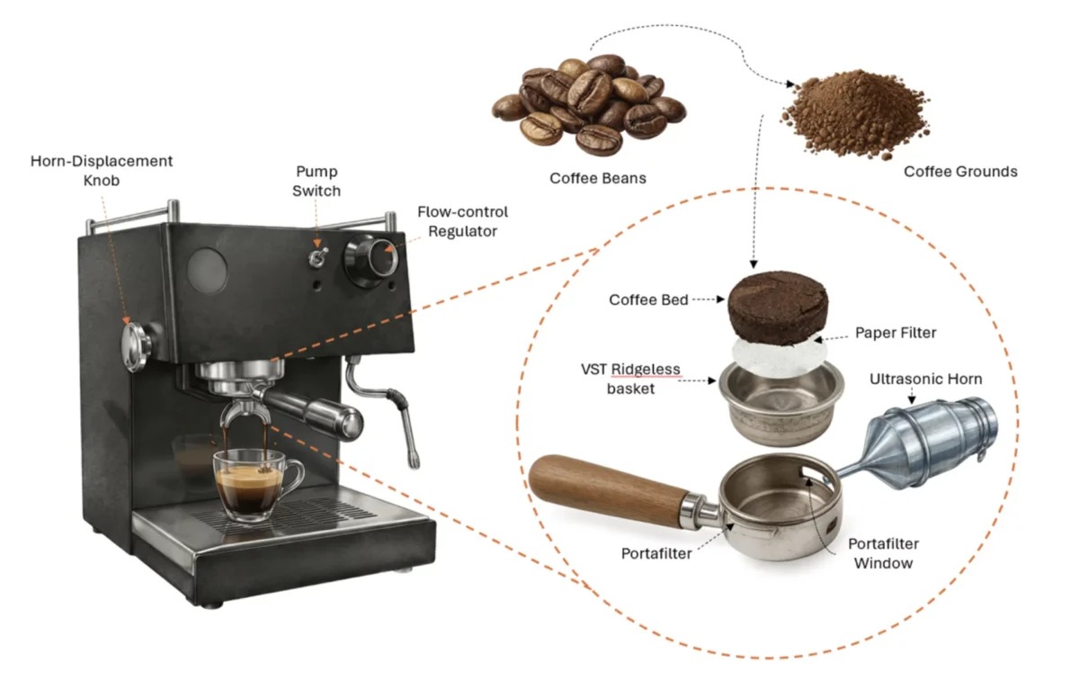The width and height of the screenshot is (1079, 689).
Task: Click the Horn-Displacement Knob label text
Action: (x=101, y=171)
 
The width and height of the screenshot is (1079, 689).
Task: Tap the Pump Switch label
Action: (x=317, y=181)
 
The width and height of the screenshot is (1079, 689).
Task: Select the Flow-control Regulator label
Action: (x=462, y=221)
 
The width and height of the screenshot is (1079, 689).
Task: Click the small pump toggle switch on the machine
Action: (x=318, y=257)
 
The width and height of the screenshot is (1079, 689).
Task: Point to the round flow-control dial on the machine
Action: (x=370, y=261)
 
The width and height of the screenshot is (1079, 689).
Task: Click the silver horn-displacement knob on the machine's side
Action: (x=136, y=347)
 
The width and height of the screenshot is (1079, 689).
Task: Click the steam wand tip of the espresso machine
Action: (x=415, y=461)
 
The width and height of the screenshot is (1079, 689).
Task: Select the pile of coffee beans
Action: (x=589, y=104)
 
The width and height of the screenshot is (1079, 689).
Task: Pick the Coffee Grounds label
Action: (x=960, y=172)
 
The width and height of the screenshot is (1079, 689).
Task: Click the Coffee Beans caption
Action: (x=598, y=178)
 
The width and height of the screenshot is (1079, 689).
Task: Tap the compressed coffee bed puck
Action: (x=778, y=308)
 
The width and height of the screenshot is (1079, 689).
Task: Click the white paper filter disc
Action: (x=780, y=358)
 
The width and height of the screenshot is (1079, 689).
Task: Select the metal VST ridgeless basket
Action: (x=781, y=404)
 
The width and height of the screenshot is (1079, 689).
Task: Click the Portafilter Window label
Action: (x=883, y=553)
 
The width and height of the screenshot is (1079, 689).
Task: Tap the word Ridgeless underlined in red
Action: (x=646, y=370)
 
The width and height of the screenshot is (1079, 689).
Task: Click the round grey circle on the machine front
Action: (x=207, y=271)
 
